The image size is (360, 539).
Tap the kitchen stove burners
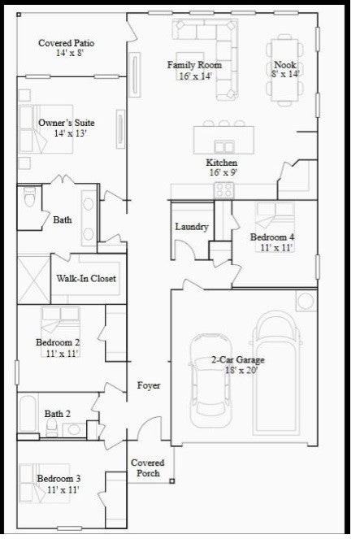(x=223, y=190)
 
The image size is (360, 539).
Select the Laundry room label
(x=192, y=227)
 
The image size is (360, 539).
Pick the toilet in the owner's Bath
(x=30, y=198)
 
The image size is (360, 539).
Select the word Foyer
(x=148, y=385)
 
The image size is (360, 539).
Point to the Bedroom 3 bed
(x=37, y=481)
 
